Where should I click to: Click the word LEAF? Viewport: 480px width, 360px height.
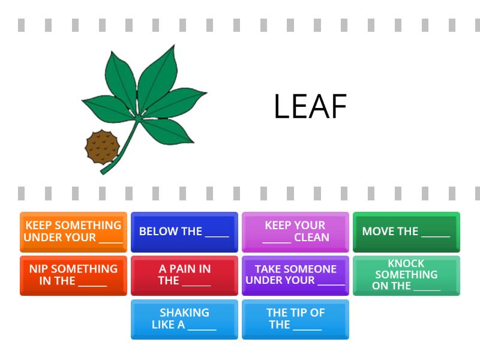(310, 106)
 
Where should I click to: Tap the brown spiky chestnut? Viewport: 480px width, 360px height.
(102, 147)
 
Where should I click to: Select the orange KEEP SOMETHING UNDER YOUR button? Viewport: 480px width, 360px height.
(73, 232)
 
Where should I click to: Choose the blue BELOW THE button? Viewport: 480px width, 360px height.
(184, 232)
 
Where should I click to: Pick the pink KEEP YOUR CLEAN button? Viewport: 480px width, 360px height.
(295, 232)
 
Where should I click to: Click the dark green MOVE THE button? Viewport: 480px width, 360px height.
(406, 232)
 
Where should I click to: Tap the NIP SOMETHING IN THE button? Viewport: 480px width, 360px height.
(73, 275)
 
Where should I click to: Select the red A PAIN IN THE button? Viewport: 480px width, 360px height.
(184, 275)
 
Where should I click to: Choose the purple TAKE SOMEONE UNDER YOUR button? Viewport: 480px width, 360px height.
(295, 275)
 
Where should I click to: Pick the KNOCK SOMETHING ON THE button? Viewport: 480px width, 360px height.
(406, 275)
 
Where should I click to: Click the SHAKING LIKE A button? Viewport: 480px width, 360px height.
(184, 319)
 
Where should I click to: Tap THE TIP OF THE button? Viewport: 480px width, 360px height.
(295, 319)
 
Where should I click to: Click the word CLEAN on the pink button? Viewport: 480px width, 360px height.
(311, 237)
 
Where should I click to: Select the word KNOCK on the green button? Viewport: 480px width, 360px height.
(406, 263)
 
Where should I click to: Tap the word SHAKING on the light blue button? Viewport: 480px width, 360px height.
(185, 313)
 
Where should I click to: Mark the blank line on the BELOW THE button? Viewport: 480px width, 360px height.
(217, 236)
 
